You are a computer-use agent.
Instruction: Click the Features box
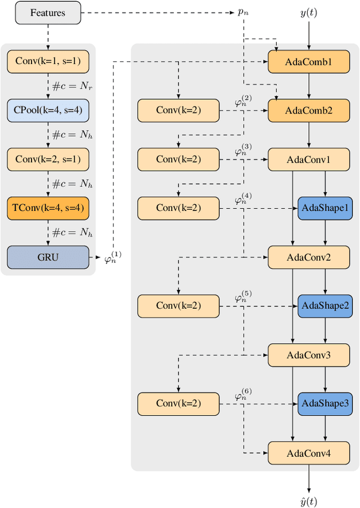click(x=48, y=12)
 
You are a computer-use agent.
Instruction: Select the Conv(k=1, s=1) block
click(x=48, y=61)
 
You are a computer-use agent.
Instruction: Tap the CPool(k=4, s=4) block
click(x=48, y=110)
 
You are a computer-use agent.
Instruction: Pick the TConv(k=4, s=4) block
click(x=48, y=208)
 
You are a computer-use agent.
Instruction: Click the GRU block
click(x=48, y=257)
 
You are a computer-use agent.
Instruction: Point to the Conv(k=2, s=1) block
click(x=48, y=159)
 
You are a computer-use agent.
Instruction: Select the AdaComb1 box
click(x=308, y=61)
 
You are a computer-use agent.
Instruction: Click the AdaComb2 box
click(x=308, y=110)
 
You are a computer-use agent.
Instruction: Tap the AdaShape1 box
click(x=325, y=208)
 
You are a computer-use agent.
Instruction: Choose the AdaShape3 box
click(x=325, y=403)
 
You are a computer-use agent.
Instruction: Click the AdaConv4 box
click(x=308, y=453)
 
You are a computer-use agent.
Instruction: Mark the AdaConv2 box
click(x=308, y=257)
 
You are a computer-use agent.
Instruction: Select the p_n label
click(x=243, y=12)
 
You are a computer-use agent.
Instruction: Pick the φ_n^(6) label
click(x=243, y=394)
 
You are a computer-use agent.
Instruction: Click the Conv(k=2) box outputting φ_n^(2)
click(x=178, y=110)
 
